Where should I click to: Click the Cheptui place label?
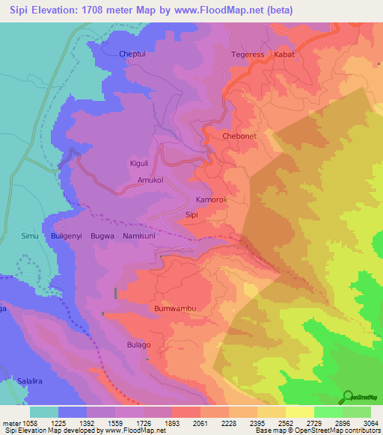[135, 54]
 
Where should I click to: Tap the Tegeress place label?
[248, 55]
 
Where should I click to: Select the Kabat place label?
[285, 55]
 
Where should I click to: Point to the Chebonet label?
[241, 136]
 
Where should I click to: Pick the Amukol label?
[150, 180]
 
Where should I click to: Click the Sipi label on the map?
[191, 215]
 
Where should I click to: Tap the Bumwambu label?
[174, 308]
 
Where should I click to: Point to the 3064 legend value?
[362, 423]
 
